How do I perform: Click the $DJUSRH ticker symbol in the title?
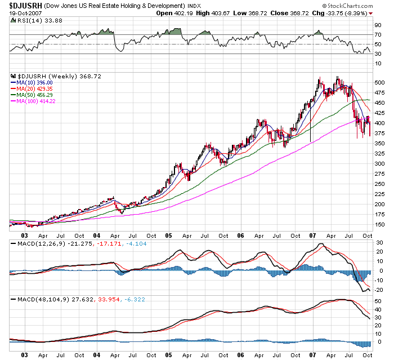click(23, 6)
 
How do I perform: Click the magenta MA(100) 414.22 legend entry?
click(36, 101)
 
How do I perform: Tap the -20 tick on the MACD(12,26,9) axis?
click(379, 290)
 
